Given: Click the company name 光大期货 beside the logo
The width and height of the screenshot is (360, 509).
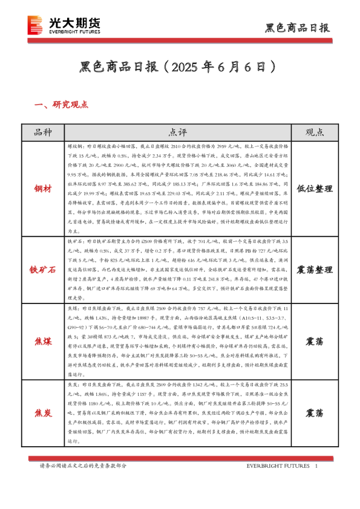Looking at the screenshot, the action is [x=74, y=23].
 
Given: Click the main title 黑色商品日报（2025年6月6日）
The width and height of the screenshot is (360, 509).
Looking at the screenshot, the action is [x=180, y=65].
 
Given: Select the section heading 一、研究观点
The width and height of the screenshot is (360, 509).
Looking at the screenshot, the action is [x=62, y=105].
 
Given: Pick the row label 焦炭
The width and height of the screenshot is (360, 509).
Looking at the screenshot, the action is [x=43, y=413].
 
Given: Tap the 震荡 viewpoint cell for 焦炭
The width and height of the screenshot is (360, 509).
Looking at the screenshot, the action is [x=313, y=413].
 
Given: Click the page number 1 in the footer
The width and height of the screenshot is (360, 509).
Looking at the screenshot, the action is [x=316, y=466].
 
